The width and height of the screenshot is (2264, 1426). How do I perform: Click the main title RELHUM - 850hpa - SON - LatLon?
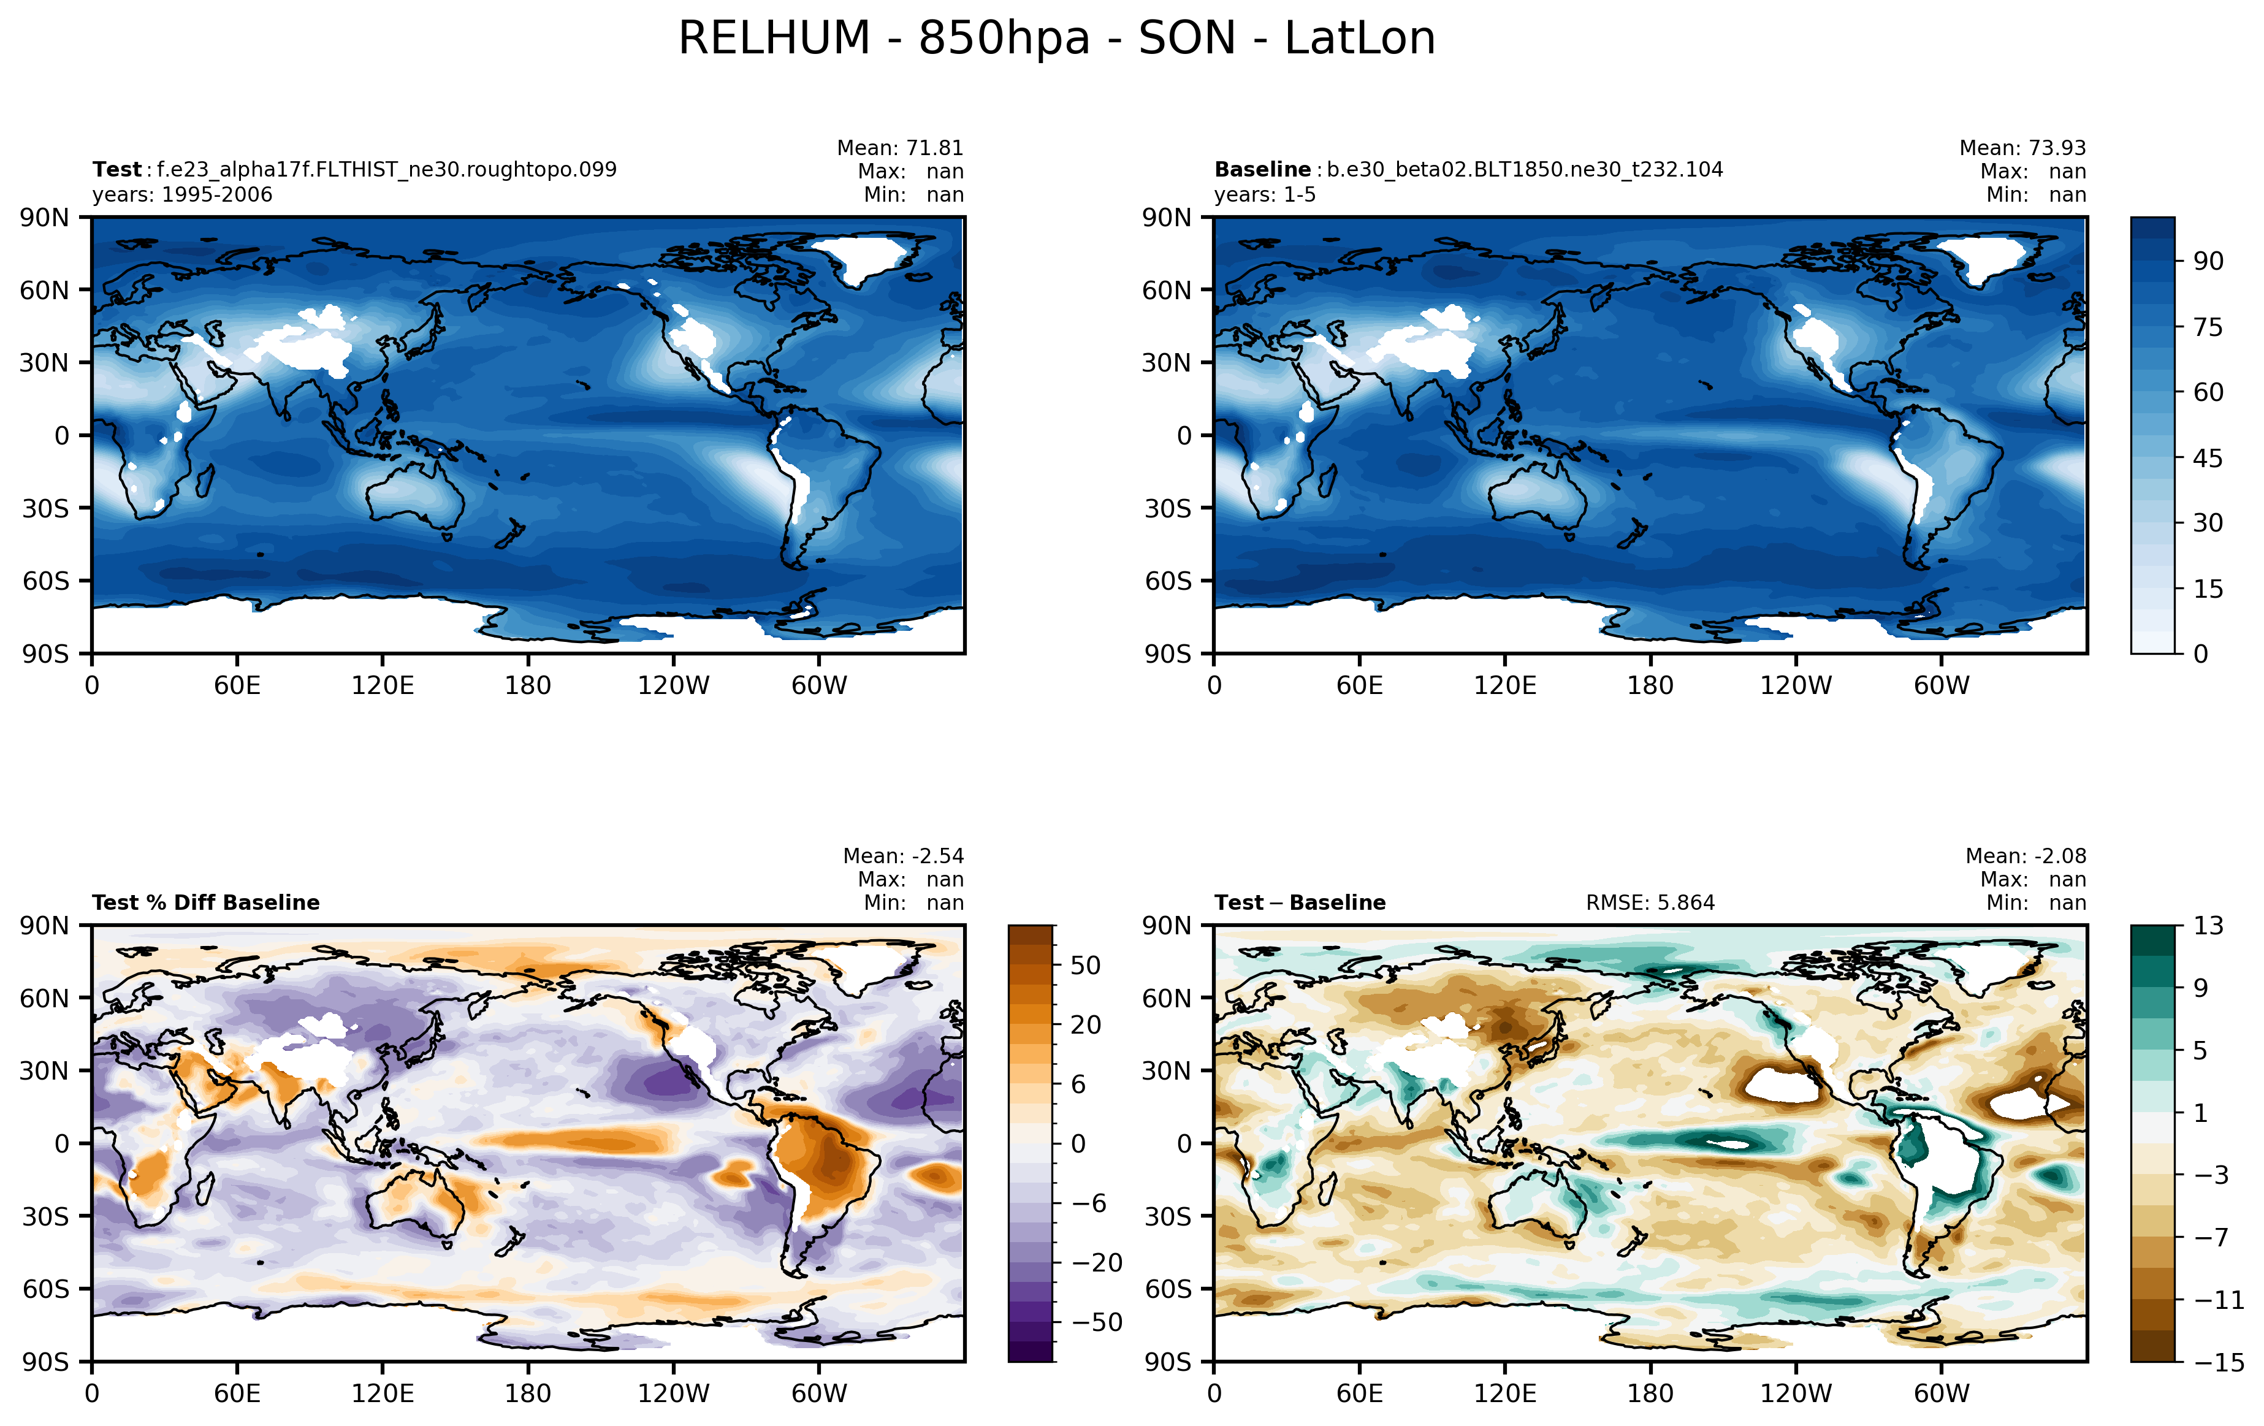coord(1057,39)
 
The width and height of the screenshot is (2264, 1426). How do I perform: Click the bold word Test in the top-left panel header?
coord(116,170)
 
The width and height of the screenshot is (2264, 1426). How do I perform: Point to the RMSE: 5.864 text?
coord(1650,903)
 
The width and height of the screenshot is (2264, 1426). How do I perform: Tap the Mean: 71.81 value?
coord(900,148)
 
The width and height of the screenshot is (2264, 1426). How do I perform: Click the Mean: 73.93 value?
coord(2022,148)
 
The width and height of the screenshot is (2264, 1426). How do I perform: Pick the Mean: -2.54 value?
coord(902,856)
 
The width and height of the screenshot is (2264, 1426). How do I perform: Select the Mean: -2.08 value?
coord(2025,856)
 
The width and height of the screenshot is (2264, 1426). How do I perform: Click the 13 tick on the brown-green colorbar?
coord(2209,926)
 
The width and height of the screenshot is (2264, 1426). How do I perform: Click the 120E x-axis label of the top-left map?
coord(383,685)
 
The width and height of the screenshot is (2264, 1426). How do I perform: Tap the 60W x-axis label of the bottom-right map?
coord(1942,1393)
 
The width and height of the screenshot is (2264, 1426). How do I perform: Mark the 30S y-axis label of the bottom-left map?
coord(45,1216)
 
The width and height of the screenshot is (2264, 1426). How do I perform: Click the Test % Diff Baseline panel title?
coord(206,903)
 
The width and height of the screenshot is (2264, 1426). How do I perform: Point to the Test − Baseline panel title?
coord(1300,903)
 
